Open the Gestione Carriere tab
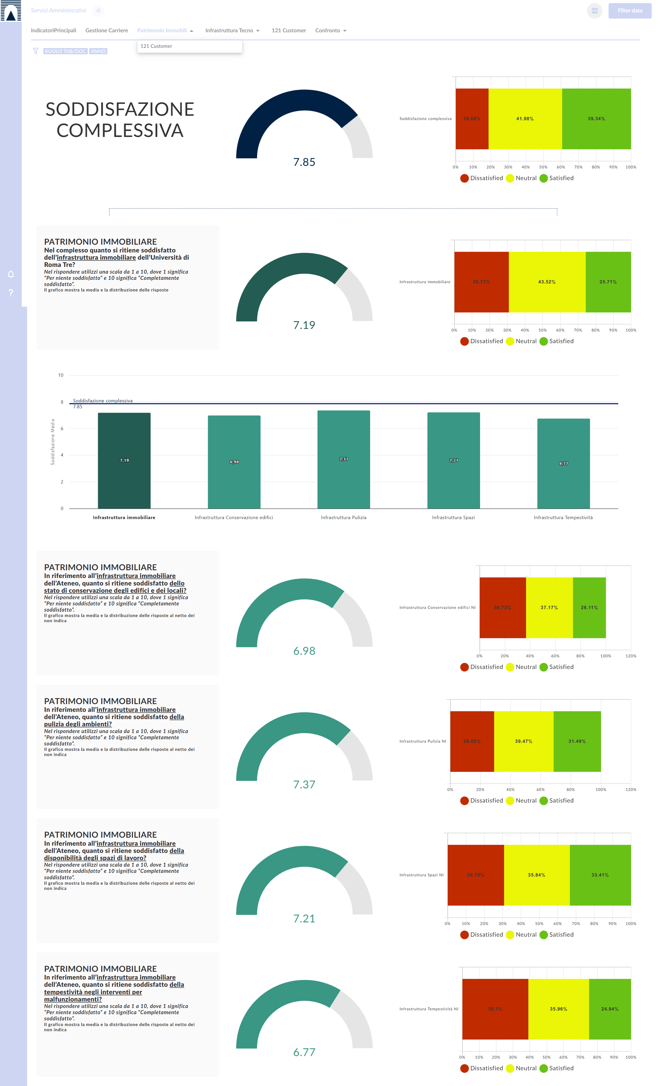coord(107,30)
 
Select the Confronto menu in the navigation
coord(330,30)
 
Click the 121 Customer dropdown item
coord(156,46)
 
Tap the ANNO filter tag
coord(98,51)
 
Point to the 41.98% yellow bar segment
coord(525,119)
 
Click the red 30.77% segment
coord(481,282)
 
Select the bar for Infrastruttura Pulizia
coord(344,459)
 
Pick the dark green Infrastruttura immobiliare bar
coord(124,461)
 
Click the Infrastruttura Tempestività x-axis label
coord(563,518)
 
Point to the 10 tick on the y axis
coord(61,375)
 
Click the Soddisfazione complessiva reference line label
coord(103,401)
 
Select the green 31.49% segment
coord(577,741)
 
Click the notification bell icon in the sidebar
coord(11,274)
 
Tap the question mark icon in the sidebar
coord(11,293)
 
